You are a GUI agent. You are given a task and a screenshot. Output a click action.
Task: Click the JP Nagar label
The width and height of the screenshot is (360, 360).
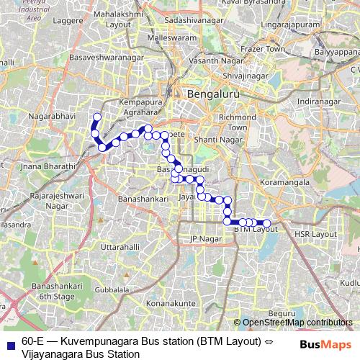pyautogui.click(x=203, y=238)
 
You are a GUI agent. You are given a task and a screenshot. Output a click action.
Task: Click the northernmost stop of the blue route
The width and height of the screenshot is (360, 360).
pyautogui.click(x=97, y=117)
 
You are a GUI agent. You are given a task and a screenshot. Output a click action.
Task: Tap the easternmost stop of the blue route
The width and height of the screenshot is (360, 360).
pyautogui.click(x=266, y=223)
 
